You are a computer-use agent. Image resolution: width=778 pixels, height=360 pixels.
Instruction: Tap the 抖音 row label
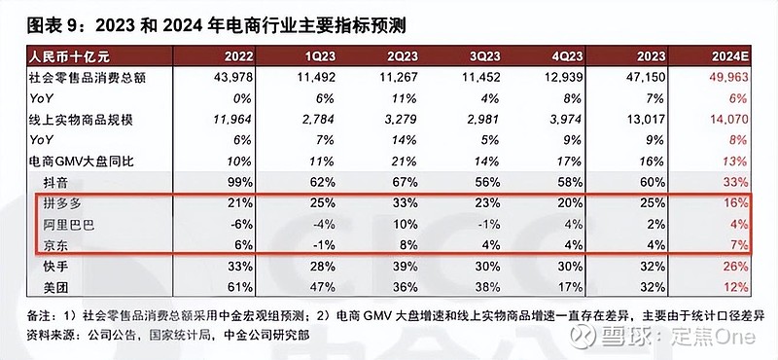point(59,182)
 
